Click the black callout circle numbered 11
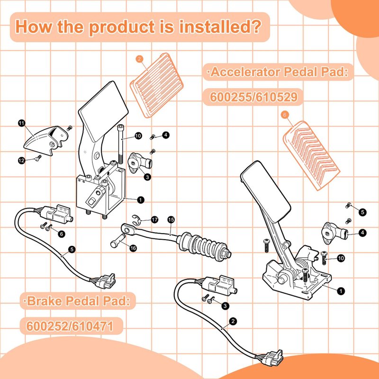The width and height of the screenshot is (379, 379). [x=22, y=123]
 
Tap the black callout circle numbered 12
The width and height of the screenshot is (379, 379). [x=22, y=160]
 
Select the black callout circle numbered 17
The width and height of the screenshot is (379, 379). [x=154, y=220]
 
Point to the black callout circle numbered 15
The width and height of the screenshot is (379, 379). [x=171, y=220]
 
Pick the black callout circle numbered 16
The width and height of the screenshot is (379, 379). [x=133, y=248]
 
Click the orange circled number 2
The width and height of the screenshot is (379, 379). [x=139, y=59]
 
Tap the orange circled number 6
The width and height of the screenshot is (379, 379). [x=285, y=115]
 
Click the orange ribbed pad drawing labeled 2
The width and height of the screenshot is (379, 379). [x=157, y=85]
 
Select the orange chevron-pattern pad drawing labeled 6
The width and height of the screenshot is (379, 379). [x=311, y=155]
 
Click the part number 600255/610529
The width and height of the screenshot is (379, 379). [x=253, y=97]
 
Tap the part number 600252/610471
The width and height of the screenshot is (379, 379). [x=70, y=326]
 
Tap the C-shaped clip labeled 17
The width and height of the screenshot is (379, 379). [x=136, y=219]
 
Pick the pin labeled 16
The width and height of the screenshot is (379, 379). [x=118, y=241]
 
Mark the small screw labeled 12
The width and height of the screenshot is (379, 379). [x=38, y=158]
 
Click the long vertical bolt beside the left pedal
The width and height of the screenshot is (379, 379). [x=121, y=144]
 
